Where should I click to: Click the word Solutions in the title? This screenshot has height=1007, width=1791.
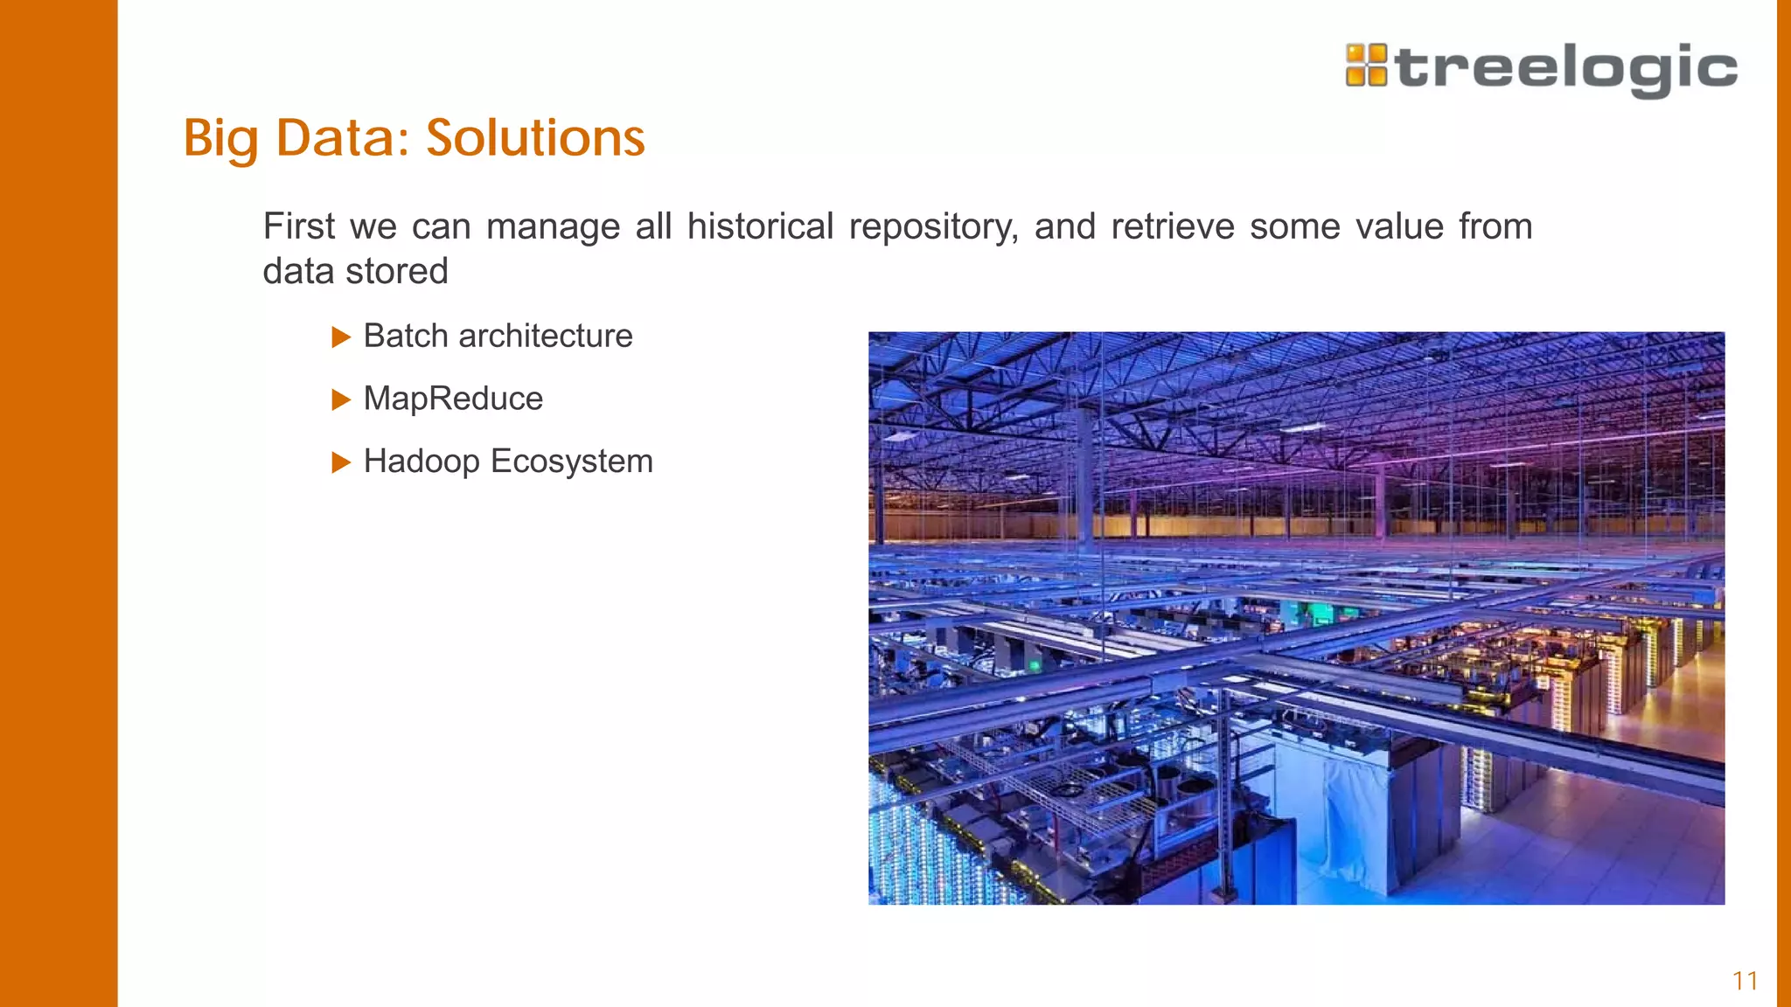535,138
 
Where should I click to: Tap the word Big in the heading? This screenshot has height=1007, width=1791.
221,138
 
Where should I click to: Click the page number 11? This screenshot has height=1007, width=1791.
1745,981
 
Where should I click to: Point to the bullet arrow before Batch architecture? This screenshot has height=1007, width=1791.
341,337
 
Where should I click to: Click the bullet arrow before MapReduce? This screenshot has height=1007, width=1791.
341,400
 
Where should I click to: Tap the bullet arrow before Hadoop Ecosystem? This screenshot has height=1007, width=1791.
341,462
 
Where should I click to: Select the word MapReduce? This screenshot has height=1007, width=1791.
453,399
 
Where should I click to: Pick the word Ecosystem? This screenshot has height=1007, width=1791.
572,462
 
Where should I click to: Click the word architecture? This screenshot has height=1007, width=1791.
545,336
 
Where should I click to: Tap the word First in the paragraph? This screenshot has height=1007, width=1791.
298,226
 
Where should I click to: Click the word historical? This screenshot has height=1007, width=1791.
760,226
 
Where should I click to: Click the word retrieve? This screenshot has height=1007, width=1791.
1172,226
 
